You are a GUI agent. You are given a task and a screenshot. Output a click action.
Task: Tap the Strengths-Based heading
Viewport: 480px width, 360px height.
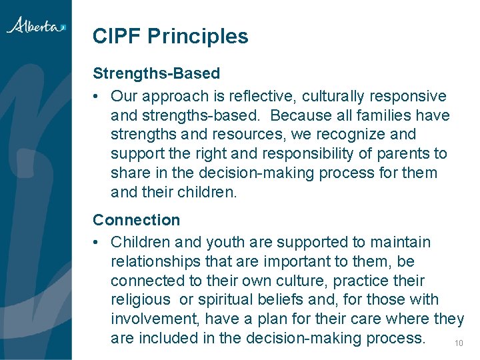coord(156,72)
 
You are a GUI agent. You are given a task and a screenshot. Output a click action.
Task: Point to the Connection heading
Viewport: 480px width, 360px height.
coord(136,220)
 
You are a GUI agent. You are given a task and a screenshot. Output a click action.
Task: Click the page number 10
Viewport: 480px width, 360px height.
coord(458,343)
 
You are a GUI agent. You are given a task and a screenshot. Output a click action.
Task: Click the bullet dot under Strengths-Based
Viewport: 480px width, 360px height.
coord(97,97)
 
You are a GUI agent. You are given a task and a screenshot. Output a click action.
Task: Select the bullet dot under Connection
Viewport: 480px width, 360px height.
coord(97,243)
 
